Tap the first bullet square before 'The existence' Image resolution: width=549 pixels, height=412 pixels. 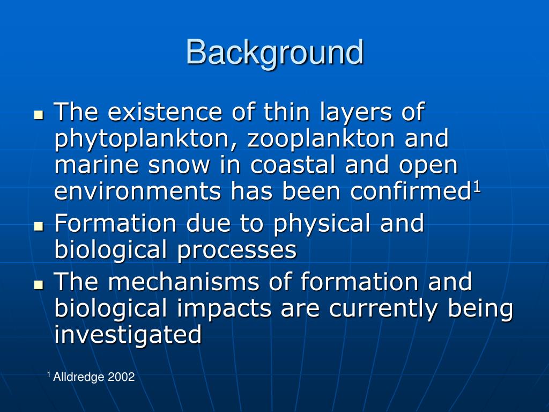(x=38, y=115)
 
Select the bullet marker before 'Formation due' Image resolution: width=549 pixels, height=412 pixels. (x=38, y=226)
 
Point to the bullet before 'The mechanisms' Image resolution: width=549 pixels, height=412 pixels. (x=38, y=284)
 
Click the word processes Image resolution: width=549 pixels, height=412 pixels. (x=238, y=251)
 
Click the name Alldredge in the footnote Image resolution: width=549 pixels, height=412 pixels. (x=79, y=377)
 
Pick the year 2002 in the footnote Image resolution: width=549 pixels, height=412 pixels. (x=121, y=377)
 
